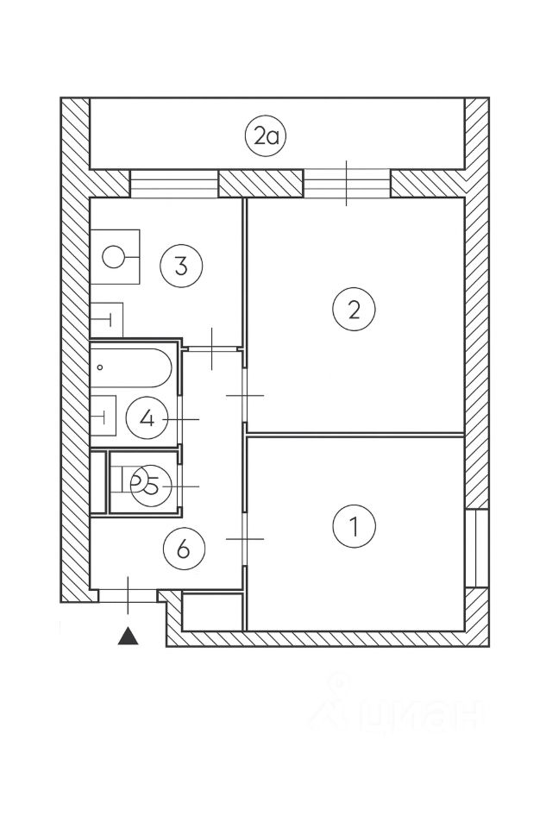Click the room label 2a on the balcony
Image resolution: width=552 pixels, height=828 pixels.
(265, 137)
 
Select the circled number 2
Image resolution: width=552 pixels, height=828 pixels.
(354, 310)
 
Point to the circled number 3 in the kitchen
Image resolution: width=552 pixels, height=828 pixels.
(180, 265)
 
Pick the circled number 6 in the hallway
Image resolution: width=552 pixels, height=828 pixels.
(183, 548)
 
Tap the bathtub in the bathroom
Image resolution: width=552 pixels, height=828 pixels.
(131, 367)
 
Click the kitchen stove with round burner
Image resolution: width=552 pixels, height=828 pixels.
(116, 256)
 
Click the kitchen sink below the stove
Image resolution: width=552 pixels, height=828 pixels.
(107, 320)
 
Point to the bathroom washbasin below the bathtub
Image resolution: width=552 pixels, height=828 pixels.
(103, 417)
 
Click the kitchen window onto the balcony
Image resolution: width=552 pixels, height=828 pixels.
(173, 184)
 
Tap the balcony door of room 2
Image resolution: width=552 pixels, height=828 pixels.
(347, 184)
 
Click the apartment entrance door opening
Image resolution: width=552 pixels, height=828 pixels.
(128, 595)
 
